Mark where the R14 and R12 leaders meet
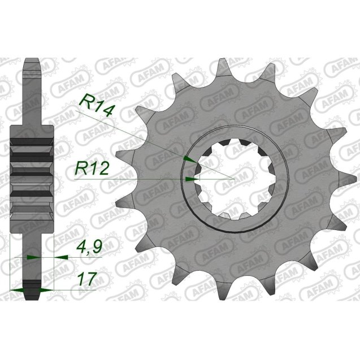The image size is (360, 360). [232, 179]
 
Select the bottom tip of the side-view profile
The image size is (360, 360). [32, 298]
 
